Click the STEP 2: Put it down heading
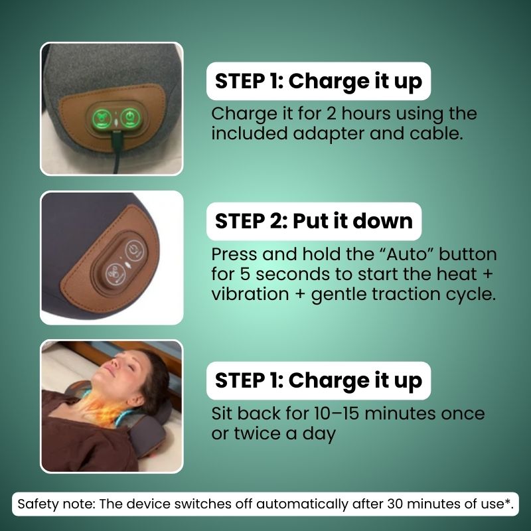pos(314,221)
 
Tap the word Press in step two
pos(234,254)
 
